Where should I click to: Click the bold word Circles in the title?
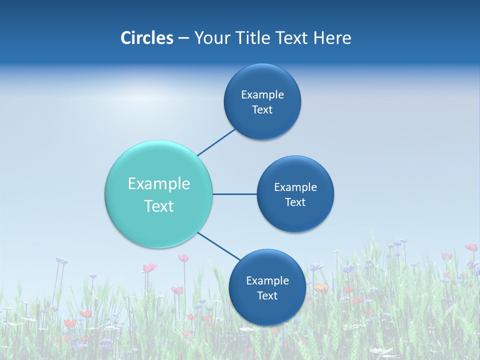click(147, 38)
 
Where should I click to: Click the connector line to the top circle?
click(216, 142)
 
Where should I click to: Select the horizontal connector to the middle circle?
click(234, 194)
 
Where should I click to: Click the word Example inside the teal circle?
click(159, 184)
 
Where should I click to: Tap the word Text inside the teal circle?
click(159, 206)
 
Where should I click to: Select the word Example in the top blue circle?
click(262, 95)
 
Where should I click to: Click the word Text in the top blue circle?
click(262, 110)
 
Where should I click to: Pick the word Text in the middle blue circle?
click(295, 202)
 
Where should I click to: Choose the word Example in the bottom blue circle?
click(267, 281)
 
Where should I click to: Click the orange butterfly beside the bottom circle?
click(321, 288)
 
